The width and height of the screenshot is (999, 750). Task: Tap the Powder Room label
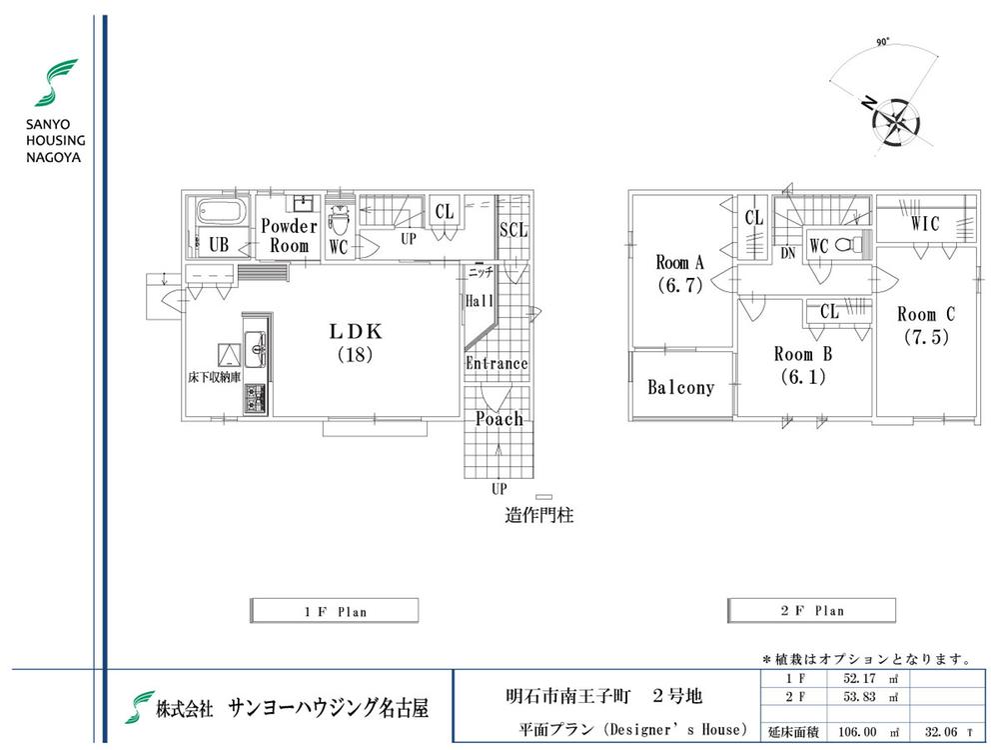tap(289, 236)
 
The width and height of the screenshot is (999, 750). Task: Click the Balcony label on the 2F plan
tap(680, 387)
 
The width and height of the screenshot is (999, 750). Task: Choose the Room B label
tap(802, 365)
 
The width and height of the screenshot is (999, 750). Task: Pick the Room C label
tap(925, 325)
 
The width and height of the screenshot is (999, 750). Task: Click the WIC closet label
tap(925, 224)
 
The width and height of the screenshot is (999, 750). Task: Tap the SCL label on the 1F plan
tap(513, 230)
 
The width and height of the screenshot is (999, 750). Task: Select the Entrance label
tap(497, 363)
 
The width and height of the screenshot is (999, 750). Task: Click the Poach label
tap(499, 419)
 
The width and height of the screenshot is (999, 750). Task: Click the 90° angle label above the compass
tap(882, 43)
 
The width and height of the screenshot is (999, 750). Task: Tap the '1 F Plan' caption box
tap(333, 610)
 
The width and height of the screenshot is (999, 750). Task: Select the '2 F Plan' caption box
tap(810, 610)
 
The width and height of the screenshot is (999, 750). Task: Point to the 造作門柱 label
tap(538, 517)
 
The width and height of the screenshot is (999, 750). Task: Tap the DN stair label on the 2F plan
tap(789, 253)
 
